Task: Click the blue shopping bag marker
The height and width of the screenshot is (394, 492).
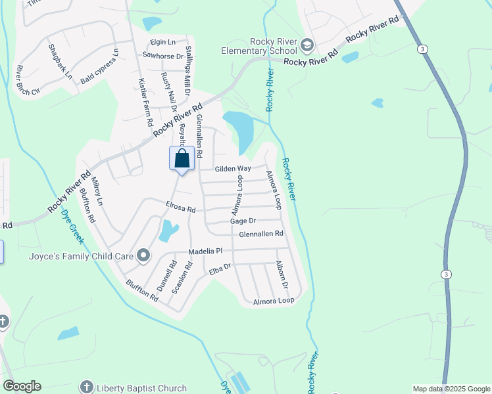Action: coord(182,158)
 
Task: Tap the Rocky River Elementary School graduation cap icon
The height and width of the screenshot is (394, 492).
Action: coord(307,45)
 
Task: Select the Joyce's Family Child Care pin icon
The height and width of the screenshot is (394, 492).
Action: coord(143,255)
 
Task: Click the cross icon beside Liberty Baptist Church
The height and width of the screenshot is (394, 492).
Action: coord(86,387)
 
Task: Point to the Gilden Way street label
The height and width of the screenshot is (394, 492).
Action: coord(233,169)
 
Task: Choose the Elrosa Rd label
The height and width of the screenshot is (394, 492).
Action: coord(181,209)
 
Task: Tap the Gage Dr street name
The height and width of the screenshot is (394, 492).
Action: coord(243,221)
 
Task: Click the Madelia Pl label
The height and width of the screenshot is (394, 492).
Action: coord(206,252)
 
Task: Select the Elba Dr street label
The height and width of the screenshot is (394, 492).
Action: coord(220,268)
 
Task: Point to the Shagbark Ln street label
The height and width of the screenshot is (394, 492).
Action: coord(60,62)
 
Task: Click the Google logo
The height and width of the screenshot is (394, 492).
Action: coord(22,386)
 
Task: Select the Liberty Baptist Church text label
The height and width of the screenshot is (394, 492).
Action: coord(142,387)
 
